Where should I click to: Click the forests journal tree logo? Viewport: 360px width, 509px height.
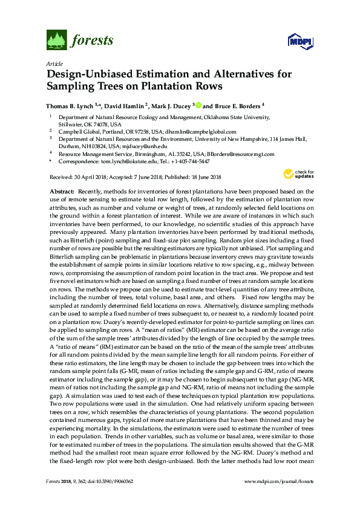point(56,41)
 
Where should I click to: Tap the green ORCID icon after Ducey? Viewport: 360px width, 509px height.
point(197,104)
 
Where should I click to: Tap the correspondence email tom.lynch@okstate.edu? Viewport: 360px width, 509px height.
point(125,162)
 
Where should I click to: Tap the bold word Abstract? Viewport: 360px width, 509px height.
point(62,190)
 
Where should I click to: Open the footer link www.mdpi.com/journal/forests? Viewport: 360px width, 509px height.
point(278,498)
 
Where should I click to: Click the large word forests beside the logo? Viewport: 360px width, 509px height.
point(91,41)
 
